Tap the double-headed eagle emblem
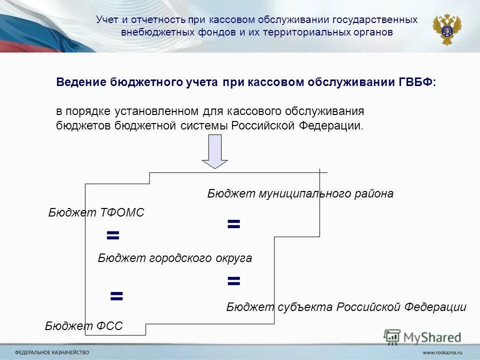tap(446, 29)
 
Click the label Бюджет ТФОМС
tap(96, 212)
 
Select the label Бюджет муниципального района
tap(300, 193)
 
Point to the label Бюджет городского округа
tap(174, 258)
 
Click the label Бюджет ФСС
tap(84, 326)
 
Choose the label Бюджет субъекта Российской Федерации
tap(346, 307)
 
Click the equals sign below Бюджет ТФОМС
tap(113, 235)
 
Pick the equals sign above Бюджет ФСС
tap(116, 295)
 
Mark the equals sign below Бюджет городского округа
tap(233, 281)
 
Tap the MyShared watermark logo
tap(422, 336)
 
